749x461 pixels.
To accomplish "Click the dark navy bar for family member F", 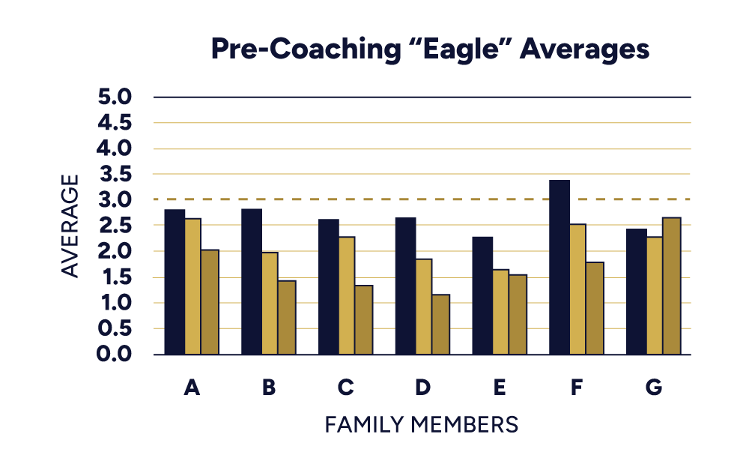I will [560, 267].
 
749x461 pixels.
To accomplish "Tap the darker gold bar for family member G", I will [671, 286].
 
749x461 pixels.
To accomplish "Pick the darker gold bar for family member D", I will [440, 325].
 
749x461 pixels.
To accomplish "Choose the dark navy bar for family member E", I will [482, 295].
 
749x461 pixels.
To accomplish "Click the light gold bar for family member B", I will [269, 304].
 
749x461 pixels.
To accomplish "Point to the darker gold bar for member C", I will [363, 320].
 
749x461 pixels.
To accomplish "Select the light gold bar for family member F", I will [577, 289].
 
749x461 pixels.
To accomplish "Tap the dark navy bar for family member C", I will [329, 286].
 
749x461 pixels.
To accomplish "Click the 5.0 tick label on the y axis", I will [114, 97].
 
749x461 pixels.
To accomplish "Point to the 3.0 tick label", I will [114, 200].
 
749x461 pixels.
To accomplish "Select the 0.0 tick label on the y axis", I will [114, 355].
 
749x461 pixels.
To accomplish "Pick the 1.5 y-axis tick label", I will [114, 277].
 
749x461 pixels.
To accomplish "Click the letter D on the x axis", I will [423, 388].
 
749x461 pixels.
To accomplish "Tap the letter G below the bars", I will [653, 388].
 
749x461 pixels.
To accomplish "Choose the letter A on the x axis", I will [192, 388].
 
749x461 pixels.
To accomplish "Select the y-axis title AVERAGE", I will [70, 226].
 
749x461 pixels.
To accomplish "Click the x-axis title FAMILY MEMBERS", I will [422, 424].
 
